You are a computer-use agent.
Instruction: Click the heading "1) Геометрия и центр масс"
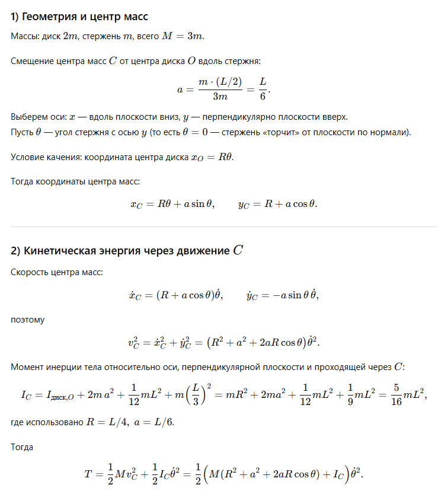click(x=79, y=16)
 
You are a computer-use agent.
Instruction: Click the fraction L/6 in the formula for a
click(x=263, y=89)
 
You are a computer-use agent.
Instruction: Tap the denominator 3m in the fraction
click(x=220, y=97)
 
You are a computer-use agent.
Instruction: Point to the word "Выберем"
click(x=28, y=116)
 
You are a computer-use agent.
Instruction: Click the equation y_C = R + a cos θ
click(x=277, y=204)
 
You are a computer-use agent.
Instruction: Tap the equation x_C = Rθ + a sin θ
click(x=172, y=204)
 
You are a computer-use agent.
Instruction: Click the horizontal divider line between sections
click(x=224, y=227)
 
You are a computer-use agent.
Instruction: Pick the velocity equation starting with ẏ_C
click(x=283, y=295)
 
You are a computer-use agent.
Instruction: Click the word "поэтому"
click(x=27, y=320)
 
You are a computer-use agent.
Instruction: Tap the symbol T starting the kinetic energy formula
click(x=89, y=474)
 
